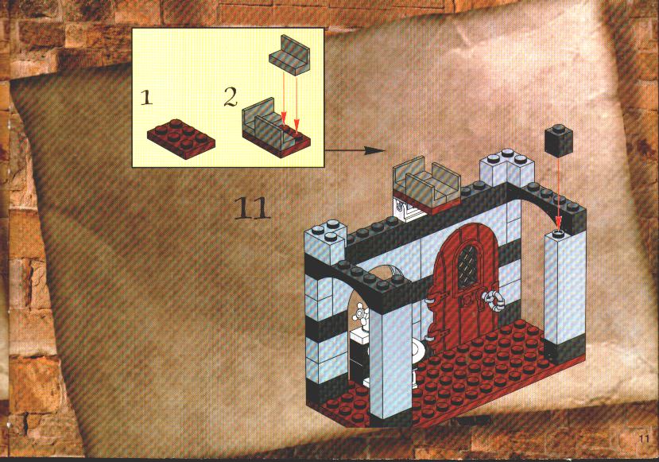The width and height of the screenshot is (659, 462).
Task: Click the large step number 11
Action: (x=251, y=208)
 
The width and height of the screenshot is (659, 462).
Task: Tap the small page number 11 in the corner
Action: (x=644, y=438)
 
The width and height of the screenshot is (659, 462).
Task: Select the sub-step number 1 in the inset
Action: (x=146, y=99)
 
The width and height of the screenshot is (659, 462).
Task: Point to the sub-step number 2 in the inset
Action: (x=231, y=97)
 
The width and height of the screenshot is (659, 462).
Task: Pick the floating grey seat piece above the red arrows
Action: (x=289, y=56)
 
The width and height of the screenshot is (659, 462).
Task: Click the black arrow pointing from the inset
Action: (x=355, y=150)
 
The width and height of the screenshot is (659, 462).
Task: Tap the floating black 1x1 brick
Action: (x=559, y=141)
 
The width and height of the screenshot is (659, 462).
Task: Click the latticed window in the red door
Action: (x=467, y=267)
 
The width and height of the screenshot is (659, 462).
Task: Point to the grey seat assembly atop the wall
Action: (x=426, y=184)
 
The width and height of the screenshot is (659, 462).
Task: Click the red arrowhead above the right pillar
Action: (x=558, y=221)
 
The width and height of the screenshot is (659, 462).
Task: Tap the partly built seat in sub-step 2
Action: (x=276, y=127)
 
